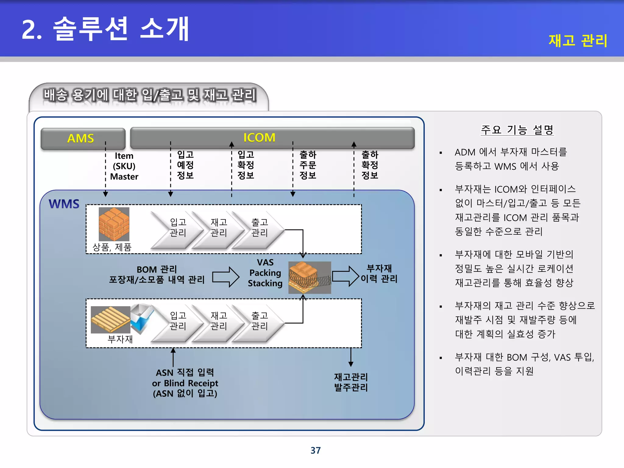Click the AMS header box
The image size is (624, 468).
[83, 139]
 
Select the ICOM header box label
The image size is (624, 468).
[259, 138]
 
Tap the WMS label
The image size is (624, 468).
[64, 204]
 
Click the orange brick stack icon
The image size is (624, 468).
[114, 224]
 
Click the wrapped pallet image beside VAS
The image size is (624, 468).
[310, 277]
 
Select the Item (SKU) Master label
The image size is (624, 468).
[124, 166]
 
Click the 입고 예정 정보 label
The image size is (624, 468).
[185, 165]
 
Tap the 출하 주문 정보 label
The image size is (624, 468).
[308, 165]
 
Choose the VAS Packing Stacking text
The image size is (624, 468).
[265, 273]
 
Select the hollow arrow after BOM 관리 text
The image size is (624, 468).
[226, 277]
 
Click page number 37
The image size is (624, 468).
[316, 450]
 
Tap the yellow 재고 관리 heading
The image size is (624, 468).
[578, 41]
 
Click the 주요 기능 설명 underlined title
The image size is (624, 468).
[517, 130]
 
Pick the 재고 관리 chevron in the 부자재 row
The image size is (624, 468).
[219, 321]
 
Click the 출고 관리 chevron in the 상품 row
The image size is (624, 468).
[260, 228]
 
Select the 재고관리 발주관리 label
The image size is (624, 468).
[351, 382]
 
